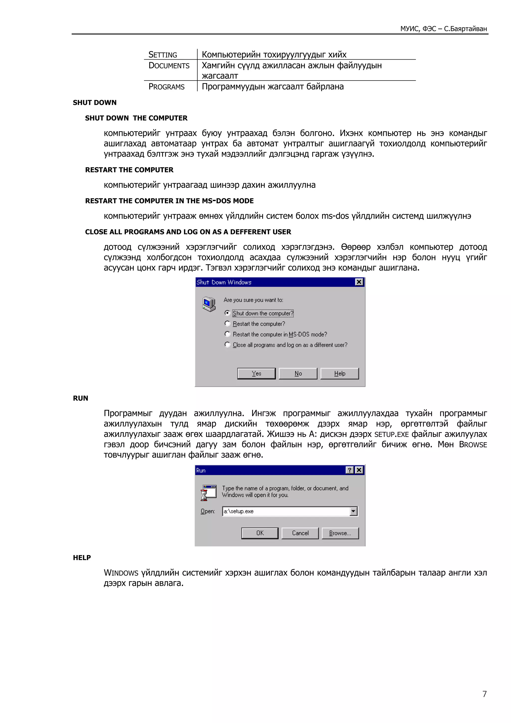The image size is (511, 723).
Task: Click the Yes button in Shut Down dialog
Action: (x=256, y=373)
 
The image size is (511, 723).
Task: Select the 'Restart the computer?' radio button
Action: (x=227, y=324)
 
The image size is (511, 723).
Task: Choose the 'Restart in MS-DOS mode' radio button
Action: (x=227, y=334)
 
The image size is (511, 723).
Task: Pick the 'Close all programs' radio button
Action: (x=227, y=345)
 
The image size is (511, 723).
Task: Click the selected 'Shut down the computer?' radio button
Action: (x=227, y=313)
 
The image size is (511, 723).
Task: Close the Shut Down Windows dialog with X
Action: (x=359, y=282)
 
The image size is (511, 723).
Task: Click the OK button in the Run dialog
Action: (x=260, y=533)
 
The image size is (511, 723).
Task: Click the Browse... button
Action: (x=340, y=533)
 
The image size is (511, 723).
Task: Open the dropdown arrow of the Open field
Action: (x=354, y=511)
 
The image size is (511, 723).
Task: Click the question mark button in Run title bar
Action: (x=350, y=470)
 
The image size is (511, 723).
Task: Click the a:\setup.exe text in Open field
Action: (x=238, y=511)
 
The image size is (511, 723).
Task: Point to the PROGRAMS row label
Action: (x=167, y=87)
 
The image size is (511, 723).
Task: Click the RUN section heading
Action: (x=81, y=398)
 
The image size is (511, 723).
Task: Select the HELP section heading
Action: (x=82, y=558)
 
